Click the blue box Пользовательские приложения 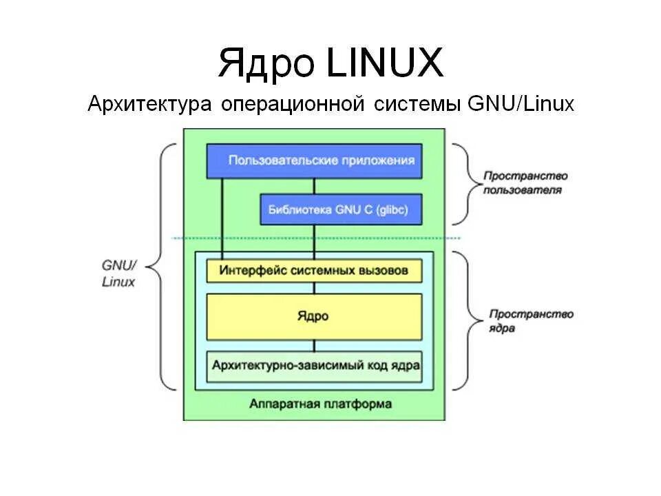(x=314, y=161)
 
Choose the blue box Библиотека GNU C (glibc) (x=341, y=209)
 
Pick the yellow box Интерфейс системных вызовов (x=314, y=270)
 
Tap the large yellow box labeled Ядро (x=314, y=316)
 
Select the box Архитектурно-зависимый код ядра (x=314, y=365)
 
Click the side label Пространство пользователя (x=525, y=182)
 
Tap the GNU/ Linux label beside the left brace (x=118, y=273)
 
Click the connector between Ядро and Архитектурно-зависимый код (x=315, y=345)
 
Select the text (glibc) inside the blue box (x=392, y=209)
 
